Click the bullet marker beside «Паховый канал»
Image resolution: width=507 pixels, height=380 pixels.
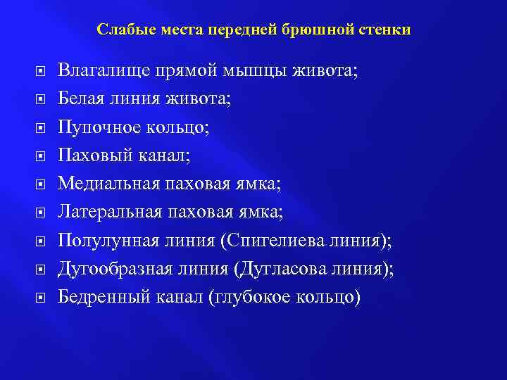tap(41, 156)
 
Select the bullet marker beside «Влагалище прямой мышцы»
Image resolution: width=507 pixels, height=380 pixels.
tap(41, 71)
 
